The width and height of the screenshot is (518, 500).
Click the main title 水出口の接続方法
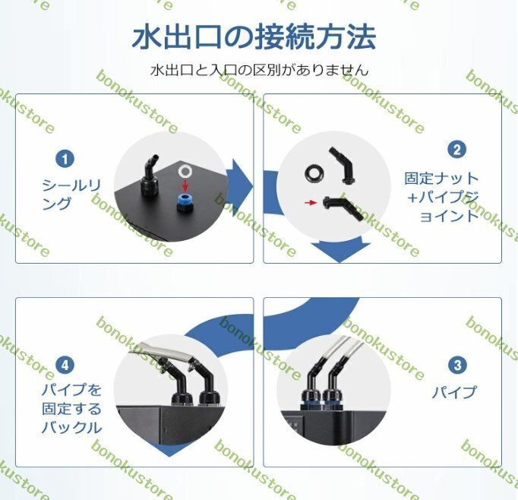click(x=254, y=36)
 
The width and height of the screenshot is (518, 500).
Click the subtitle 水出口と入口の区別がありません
click(x=259, y=70)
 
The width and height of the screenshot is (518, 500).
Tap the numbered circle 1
click(x=65, y=159)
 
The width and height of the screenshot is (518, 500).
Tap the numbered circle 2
click(x=457, y=150)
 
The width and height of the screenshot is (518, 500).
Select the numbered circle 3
click(x=457, y=366)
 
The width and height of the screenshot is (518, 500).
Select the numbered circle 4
click(x=65, y=366)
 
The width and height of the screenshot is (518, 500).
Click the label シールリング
click(x=71, y=195)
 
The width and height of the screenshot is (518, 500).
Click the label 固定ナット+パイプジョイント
click(x=442, y=198)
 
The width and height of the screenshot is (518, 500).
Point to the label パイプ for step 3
click(x=454, y=392)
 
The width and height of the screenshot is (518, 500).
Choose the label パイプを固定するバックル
click(x=71, y=409)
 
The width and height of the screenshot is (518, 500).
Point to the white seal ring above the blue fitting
click(x=185, y=171)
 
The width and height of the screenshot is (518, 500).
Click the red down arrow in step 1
click(x=185, y=185)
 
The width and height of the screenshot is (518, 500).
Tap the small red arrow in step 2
click(x=311, y=202)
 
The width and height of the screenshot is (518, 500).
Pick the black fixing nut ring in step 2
click(x=314, y=173)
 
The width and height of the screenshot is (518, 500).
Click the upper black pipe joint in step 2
click(x=343, y=165)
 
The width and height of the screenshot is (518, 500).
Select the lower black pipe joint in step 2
click(x=343, y=208)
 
